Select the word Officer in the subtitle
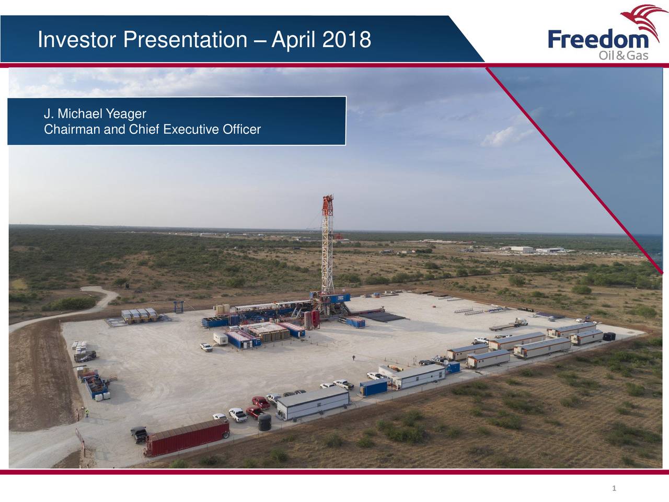pyautogui.click(x=241, y=129)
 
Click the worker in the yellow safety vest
pyautogui.click(x=87, y=413)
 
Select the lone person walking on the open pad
pyautogui.click(x=354, y=358)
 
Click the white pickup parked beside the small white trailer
pyautogui.click(x=206, y=347)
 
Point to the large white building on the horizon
pyautogui.click(x=521, y=249)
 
